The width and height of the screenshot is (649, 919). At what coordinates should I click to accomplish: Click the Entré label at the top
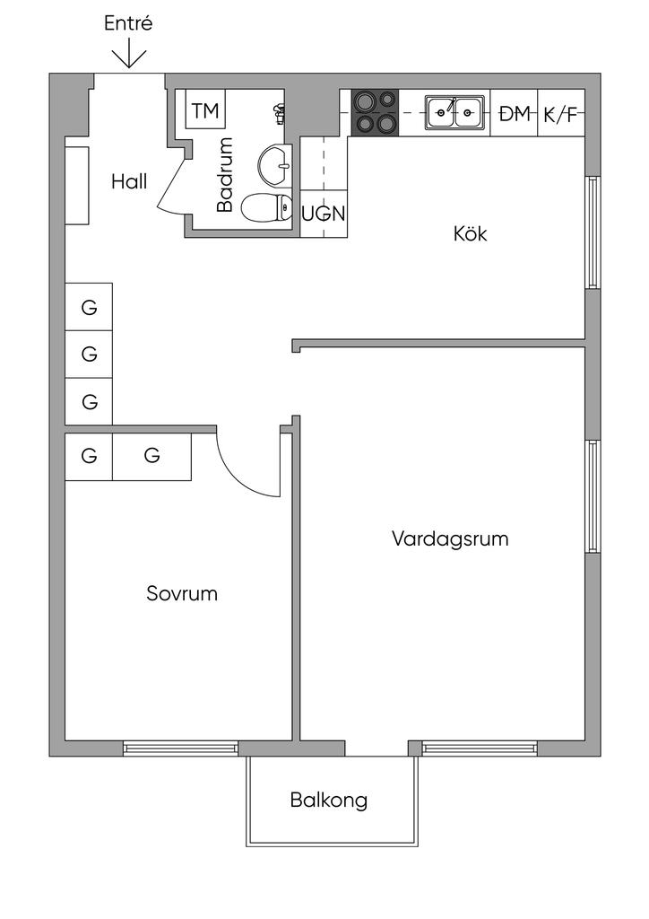[x=128, y=23]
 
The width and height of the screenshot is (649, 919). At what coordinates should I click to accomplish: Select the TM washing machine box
[x=205, y=109]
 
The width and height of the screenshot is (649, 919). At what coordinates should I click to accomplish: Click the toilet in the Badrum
[x=267, y=208]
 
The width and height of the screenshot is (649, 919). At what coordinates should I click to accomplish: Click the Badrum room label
[x=225, y=175]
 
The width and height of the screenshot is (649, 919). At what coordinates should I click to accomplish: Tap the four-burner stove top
[x=375, y=113]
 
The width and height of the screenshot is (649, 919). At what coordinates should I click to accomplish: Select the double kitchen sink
[x=454, y=112]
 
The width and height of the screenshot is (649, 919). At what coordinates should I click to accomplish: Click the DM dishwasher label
[x=514, y=114]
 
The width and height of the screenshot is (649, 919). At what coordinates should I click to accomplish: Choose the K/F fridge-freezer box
[x=561, y=113]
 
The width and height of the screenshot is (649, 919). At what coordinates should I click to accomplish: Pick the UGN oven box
[x=324, y=214]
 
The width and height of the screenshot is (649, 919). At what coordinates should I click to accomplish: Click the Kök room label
[x=470, y=234]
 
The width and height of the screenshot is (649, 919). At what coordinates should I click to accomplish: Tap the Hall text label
[x=129, y=181]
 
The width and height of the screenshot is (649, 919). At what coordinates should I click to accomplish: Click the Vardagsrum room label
[x=450, y=538]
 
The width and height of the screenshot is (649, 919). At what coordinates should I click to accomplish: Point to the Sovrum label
[x=182, y=593]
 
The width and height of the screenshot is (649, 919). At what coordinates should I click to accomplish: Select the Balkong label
[x=329, y=800]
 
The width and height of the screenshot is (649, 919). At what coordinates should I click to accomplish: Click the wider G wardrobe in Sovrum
[x=151, y=457]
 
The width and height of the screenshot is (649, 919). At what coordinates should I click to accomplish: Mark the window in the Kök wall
[x=593, y=232]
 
